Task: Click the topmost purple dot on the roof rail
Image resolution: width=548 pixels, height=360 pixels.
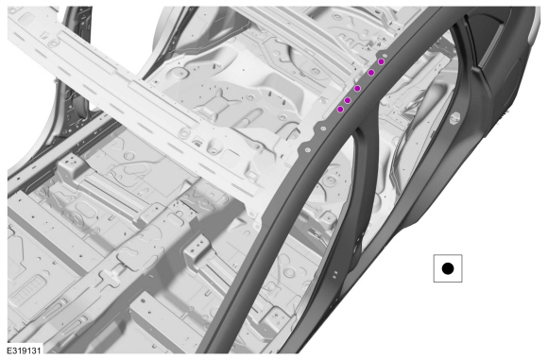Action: [x=382, y=61]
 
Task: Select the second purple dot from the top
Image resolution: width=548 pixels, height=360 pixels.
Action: [x=371, y=73]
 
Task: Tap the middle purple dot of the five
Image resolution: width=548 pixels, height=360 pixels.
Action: [x=357, y=89]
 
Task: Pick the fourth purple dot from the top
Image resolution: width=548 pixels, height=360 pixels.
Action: [x=348, y=101]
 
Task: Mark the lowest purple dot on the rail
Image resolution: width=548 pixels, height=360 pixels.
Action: [x=340, y=110]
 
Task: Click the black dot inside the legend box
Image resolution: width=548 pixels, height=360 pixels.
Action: [x=448, y=268]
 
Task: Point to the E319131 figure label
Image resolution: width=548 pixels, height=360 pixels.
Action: [x=25, y=351]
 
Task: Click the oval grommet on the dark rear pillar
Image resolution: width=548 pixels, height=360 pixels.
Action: [x=455, y=118]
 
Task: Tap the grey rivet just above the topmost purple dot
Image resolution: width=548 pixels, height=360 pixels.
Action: [x=385, y=56]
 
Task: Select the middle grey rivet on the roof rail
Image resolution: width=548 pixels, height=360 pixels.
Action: [x=322, y=129]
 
